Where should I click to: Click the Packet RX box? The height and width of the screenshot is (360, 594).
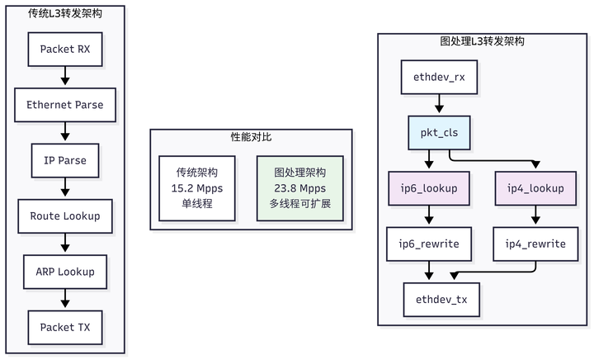(65, 49)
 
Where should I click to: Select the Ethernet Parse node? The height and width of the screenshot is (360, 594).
(65, 105)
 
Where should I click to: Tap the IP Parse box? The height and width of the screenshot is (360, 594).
(65, 160)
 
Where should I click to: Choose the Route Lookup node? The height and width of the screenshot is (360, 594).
(65, 216)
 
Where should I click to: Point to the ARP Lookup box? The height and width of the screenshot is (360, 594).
(65, 272)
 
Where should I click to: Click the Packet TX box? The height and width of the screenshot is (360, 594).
(65, 327)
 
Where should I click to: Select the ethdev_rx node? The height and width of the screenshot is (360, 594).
(439, 78)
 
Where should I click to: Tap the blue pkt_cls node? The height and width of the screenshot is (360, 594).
(439, 133)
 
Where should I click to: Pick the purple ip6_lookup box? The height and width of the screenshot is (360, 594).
(429, 188)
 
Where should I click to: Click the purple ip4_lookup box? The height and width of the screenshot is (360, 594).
(535, 188)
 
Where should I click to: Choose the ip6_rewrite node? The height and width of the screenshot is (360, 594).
(429, 244)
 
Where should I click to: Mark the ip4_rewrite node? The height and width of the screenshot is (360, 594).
(535, 244)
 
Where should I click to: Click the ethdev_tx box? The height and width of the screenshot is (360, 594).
(439, 300)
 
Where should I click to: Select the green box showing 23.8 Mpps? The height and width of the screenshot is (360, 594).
(300, 188)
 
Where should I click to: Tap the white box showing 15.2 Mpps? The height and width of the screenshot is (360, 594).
(197, 188)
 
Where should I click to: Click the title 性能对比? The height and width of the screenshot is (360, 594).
(250, 135)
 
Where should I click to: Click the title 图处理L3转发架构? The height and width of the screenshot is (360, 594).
(482, 40)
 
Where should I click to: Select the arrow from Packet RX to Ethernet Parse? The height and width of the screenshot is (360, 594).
(65, 77)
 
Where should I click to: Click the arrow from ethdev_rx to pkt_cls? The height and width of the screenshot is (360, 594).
(439, 105)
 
